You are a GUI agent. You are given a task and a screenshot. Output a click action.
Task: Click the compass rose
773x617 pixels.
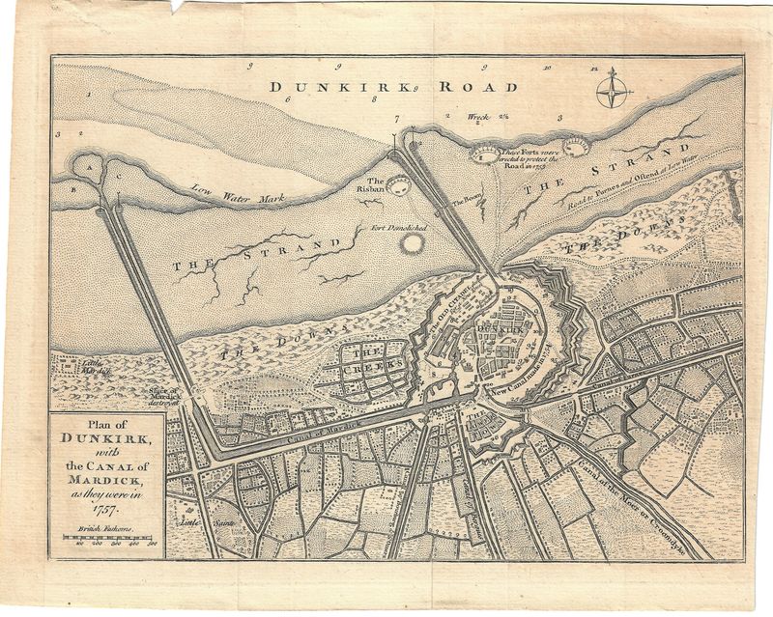click(x=613, y=92)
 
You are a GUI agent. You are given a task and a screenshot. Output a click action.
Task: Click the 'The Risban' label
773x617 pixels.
click(x=374, y=185)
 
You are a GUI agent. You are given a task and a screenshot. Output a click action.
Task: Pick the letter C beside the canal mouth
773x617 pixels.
click(x=119, y=178)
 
